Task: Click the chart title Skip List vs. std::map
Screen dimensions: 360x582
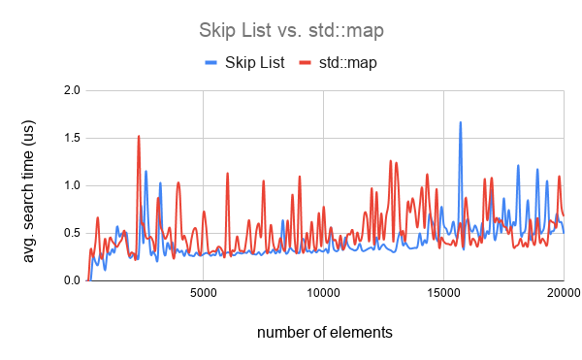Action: pos(290,29)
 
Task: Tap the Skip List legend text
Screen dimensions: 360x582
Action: pos(257,62)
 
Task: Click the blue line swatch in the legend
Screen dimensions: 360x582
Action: pos(213,62)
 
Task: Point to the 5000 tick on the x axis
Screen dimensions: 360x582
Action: pos(203,292)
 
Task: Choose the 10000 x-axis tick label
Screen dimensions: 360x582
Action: pos(323,292)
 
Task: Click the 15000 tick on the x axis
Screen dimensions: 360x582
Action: pos(443,292)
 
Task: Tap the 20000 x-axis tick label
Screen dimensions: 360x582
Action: pos(563,292)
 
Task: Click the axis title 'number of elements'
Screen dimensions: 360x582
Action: pos(325,333)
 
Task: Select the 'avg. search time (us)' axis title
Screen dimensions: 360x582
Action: pos(29,185)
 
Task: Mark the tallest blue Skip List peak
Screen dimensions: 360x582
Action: pos(461,122)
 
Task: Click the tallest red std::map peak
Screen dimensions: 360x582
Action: pos(139,136)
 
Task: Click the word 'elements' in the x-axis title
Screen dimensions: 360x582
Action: pos(363,333)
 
